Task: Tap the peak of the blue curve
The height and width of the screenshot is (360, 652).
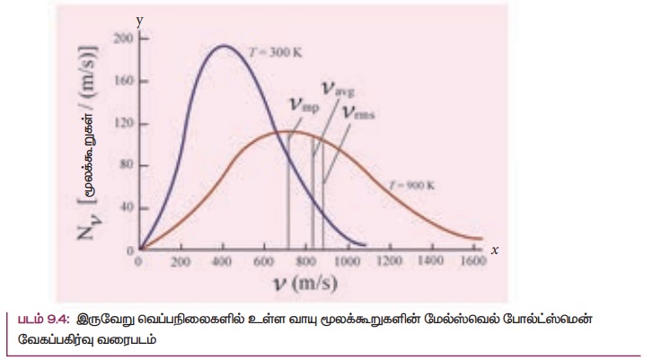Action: [222, 46]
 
